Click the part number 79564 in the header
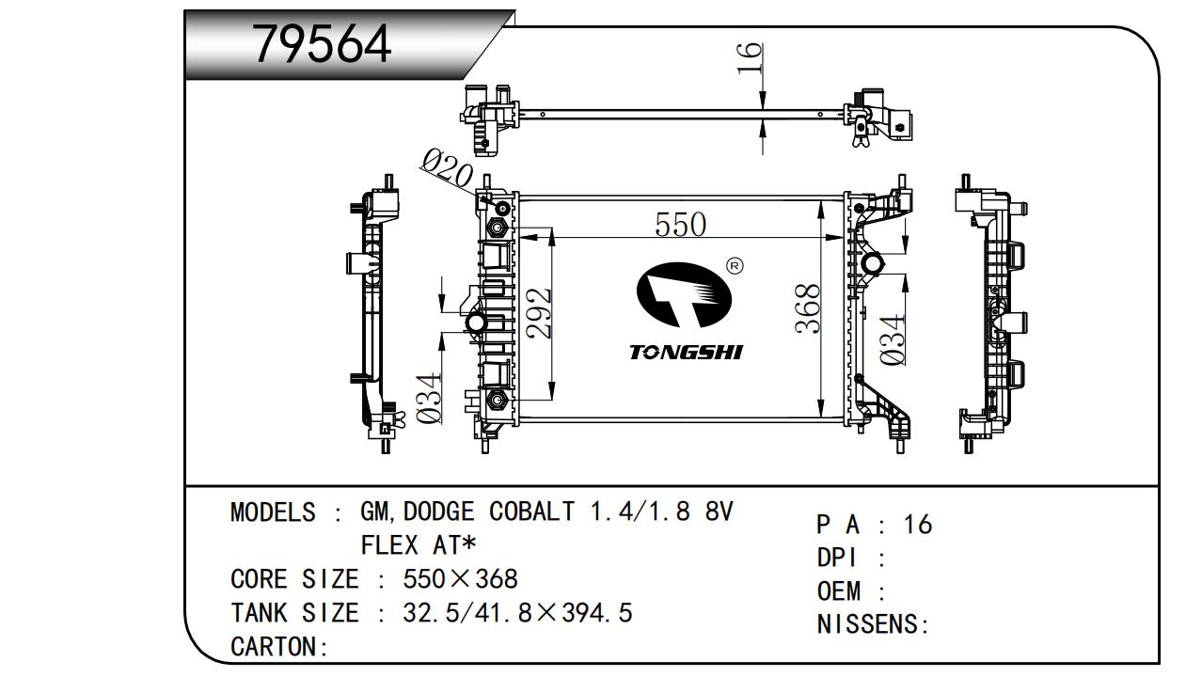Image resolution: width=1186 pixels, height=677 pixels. coord(323,43)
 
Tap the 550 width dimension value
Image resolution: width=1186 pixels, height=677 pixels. coord(680,224)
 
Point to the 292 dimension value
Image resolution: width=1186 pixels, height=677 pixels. coord(538,313)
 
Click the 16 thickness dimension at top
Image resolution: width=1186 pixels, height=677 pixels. coord(749,59)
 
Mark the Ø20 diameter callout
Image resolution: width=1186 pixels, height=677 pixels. coord(448,171)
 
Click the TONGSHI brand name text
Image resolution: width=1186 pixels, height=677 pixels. coord(686,352)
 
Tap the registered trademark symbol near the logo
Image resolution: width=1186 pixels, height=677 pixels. coord(735,266)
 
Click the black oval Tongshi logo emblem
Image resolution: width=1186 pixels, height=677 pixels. coord(684,295)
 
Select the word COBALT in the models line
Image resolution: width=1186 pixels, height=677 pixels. coord(531,512)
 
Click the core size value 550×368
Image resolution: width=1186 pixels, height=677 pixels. coord(460,578)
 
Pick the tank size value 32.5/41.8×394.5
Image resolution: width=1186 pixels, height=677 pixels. coord(517,613)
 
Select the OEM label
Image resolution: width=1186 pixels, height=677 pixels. coord(839,591)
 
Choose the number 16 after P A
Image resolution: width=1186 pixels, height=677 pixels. coord(917,524)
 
